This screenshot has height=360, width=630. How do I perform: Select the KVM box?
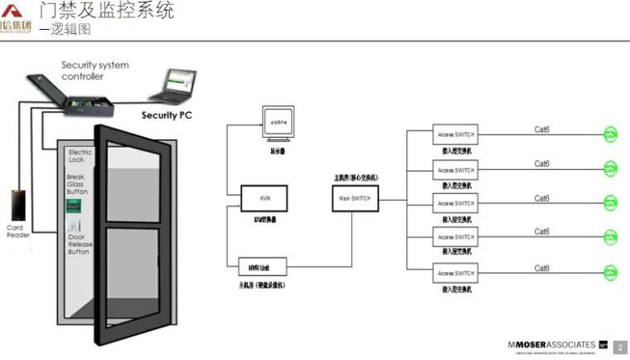point(264,198)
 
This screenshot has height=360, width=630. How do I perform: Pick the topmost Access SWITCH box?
point(456,135)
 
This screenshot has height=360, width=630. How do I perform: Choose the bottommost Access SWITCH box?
point(456,273)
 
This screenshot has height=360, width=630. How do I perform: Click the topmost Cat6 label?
point(542,129)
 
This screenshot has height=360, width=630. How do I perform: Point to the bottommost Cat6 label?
point(542,268)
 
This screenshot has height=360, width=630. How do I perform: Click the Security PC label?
point(166,115)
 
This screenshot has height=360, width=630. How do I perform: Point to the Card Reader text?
point(18,231)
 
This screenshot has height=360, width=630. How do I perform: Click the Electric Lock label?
point(80,156)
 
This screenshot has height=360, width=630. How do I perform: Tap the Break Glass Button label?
point(77,184)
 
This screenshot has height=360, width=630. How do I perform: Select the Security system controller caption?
point(94,71)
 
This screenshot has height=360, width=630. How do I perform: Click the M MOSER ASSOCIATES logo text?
point(551,344)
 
